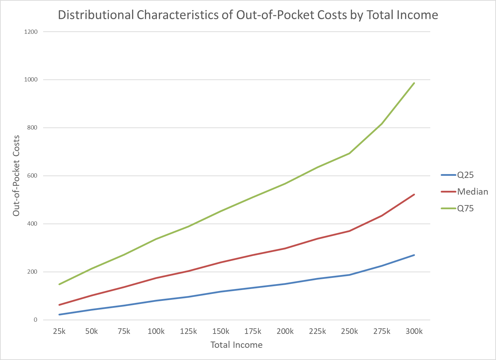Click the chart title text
pyautogui.click(x=248, y=15)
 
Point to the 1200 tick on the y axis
pyautogui.click(x=31, y=32)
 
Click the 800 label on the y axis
pyautogui.click(x=32, y=128)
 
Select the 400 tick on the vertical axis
pyautogui.click(x=32, y=224)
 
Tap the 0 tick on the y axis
pyautogui.click(x=35, y=320)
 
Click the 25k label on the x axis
pyautogui.click(x=59, y=331)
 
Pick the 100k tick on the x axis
pyautogui.click(x=156, y=331)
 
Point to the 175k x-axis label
pyautogui.click(x=253, y=331)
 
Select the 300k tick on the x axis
pyautogui.click(x=414, y=331)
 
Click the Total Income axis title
pyautogui.click(x=237, y=345)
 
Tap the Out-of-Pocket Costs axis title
pyautogui.click(x=16, y=175)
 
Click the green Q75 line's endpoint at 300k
pyautogui.click(x=414, y=83)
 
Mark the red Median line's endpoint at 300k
pyautogui.click(x=414, y=194)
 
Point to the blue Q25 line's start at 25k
pyautogui.click(x=59, y=314)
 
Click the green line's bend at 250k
pyautogui.click(x=350, y=153)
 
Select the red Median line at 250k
pyautogui.click(x=350, y=231)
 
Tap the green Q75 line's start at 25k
pyautogui.click(x=59, y=284)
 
